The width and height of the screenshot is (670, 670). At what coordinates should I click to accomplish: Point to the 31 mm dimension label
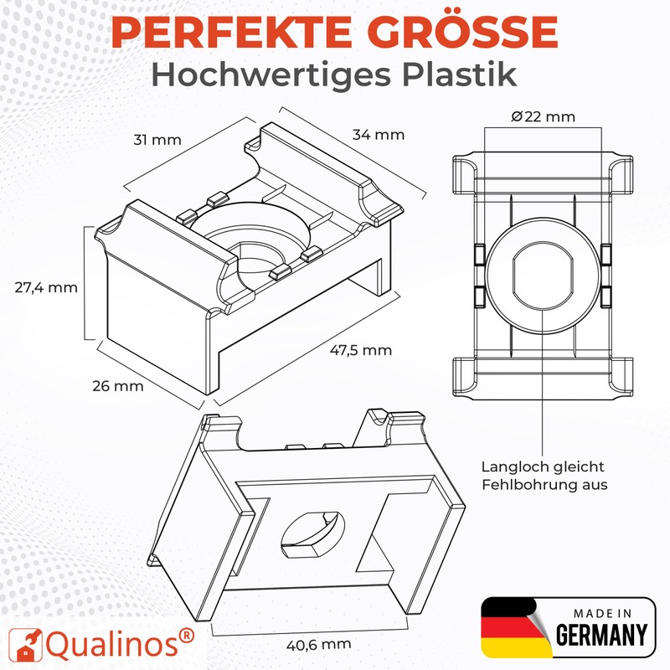pos(157,139)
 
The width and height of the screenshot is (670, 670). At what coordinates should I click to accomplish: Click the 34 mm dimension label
pos(379,134)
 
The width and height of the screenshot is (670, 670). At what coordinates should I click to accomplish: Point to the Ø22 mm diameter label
pos(543,117)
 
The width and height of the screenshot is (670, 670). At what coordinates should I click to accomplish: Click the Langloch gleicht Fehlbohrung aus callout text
pos(543,476)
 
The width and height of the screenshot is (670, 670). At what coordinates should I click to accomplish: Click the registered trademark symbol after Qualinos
pos(188,634)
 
